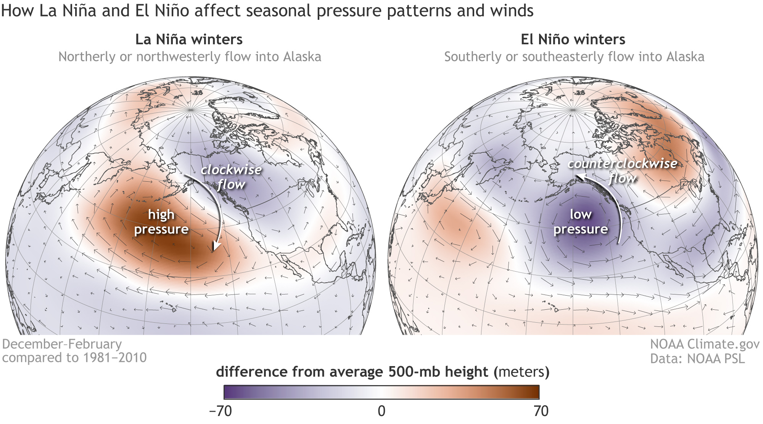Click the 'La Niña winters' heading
(189, 40)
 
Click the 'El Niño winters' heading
(573, 40)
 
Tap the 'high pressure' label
(161, 222)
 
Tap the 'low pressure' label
(581, 222)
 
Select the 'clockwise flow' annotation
(231, 177)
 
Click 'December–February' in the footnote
(62, 344)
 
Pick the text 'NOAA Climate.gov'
(705, 344)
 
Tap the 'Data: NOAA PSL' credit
(697, 358)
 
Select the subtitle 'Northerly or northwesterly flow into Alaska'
(190, 57)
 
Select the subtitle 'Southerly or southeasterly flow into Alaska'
(574, 57)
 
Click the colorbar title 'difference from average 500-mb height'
(352, 372)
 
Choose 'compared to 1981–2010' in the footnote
(74, 358)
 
